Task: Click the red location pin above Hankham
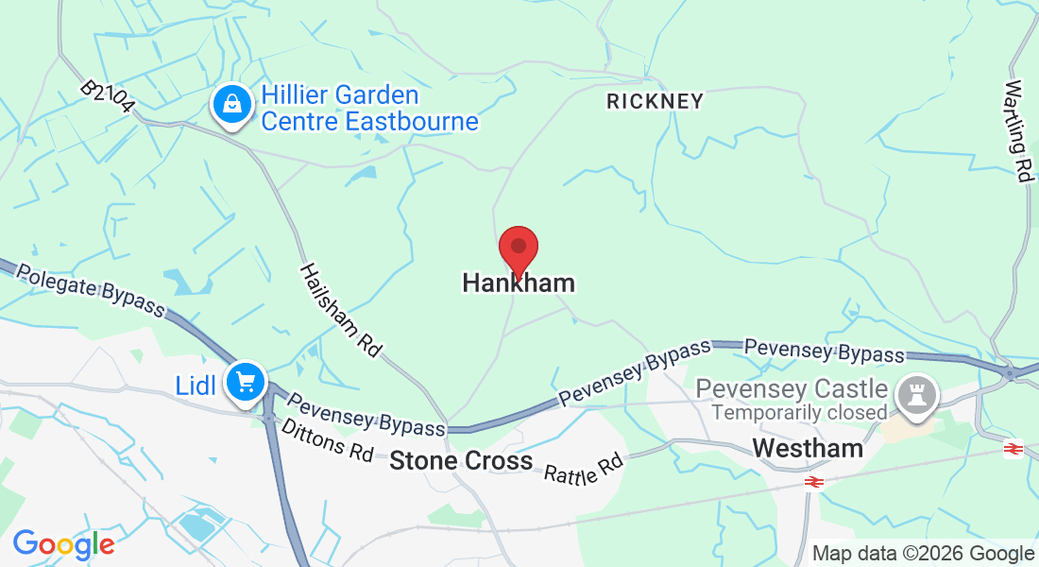click(x=518, y=250)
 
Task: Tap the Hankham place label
click(x=518, y=283)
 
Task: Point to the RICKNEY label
click(x=655, y=101)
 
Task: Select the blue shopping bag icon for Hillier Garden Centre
click(x=232, y=106)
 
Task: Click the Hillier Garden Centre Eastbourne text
click(x=369, y=109)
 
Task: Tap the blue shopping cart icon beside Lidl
click(x=247, y=383)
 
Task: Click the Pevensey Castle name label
click(x=792, y=388)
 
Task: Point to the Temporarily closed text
click(x=799, y=413)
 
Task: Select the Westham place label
click(x=808, y=448)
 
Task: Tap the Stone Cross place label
click(x=461, y=461)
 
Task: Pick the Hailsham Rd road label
click(x=340, y=310)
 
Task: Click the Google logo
click(x=63, y=543)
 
